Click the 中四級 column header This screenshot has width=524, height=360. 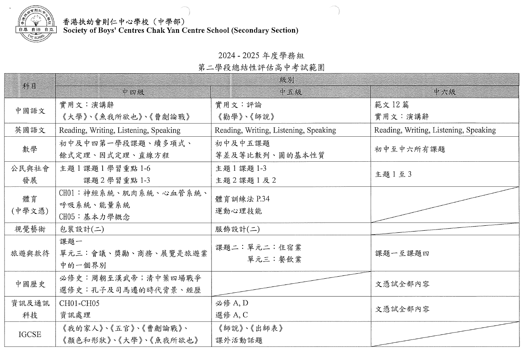click(133, 92)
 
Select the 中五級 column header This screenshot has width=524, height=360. click(291, 92)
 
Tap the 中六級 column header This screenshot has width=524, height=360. click(444, 92)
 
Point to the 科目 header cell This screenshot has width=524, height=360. click(30, 86)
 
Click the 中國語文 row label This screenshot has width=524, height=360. click(30, 110)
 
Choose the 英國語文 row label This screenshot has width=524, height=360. click(30, 130)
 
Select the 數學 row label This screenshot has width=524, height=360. click(30, 149)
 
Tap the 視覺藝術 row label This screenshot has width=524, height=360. click(30, 229)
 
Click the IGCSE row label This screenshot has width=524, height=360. click(30, 334)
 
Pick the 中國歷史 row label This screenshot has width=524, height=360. click(30, 284)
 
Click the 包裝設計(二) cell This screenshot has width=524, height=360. click(82, 229)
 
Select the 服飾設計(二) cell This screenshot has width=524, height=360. click(237, 229)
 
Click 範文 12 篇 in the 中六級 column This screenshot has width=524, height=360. click(392, 105)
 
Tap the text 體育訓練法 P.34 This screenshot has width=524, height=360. click(242, 199)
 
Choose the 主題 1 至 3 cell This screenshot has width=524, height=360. click(393, 174)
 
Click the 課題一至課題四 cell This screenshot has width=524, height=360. click(402, 253)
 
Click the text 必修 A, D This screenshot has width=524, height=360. click(232, 303)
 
